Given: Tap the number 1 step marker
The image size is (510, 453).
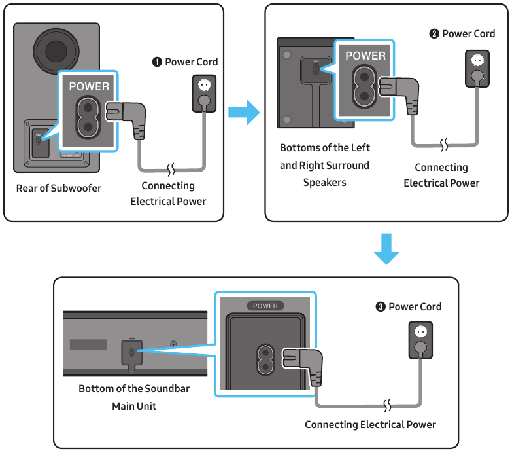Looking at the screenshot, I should point(156,62).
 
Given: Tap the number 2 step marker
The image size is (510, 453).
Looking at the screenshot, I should point(434,34).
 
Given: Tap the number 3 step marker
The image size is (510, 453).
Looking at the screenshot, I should point(381,307).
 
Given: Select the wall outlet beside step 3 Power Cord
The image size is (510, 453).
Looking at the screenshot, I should point(422,340).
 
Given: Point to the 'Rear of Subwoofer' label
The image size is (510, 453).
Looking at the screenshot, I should point(59,189).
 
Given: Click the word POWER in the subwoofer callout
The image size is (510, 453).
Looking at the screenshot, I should point(89,86).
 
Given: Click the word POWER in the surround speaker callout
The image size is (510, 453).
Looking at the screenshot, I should point(365,56).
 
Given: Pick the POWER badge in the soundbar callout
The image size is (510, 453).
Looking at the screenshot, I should point(265,306).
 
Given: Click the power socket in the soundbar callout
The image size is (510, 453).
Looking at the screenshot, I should point(265,357).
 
